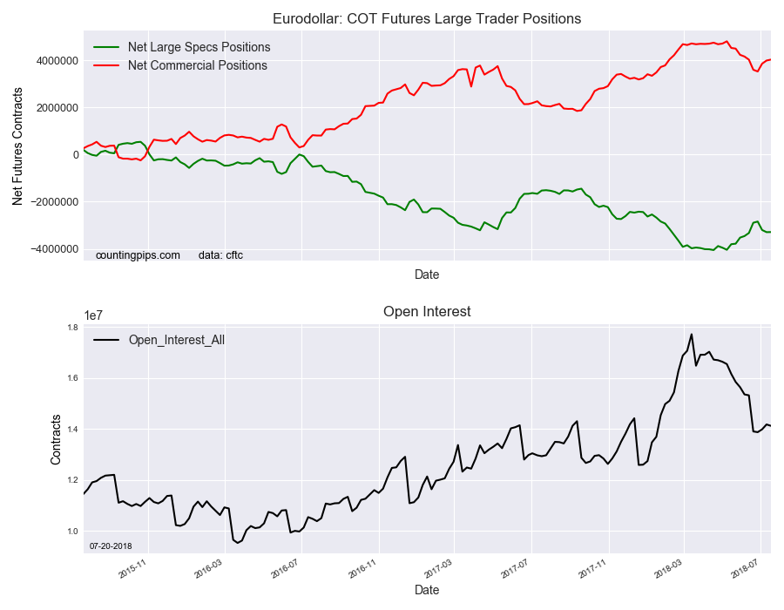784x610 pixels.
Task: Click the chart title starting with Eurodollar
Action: (427, 18)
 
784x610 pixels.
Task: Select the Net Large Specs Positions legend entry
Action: (199, 47)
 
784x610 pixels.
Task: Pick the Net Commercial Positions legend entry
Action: (198, 65)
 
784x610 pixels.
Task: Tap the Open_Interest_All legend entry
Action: (176, 340)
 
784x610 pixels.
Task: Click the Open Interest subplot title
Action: (427, 311)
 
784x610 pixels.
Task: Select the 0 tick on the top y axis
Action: (76, 155)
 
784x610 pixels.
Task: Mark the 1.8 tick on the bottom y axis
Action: (71, 328)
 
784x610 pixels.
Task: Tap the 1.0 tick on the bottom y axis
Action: (71, 532)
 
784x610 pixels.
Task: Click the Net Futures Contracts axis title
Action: (18, 155)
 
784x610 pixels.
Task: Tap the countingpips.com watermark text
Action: (138, 255)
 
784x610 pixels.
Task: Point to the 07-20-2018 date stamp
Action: (110, 546)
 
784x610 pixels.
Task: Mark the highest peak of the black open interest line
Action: (692, 334)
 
